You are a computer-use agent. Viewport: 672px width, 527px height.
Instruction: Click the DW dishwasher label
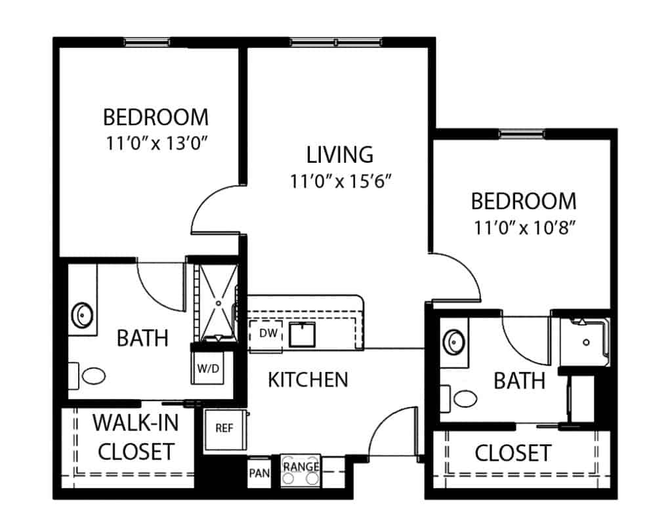tap(268, 333)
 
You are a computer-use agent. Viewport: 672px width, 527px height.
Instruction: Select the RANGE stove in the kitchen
tap(301, 471)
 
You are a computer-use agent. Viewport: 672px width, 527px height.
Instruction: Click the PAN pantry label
tap(259, 473)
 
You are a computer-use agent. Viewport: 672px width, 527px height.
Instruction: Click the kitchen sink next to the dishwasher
tap(302, 335)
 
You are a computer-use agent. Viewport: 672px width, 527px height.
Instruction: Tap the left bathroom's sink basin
tap(82, 316)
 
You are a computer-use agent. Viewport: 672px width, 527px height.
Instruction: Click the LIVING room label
tap(340, 155)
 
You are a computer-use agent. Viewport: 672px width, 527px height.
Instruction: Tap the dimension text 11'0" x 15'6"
tap(341, 181)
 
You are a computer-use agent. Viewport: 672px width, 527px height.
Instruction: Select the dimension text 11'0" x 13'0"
tap(156, 143)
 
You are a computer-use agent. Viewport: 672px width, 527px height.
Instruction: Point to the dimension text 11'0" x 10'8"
tap(524, 228)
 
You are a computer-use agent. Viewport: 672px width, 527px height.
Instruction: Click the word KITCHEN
tap(308, 380)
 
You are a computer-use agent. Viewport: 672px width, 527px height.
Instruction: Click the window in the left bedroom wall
tap(147, 43)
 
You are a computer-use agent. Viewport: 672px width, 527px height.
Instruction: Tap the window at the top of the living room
tap(336, 43)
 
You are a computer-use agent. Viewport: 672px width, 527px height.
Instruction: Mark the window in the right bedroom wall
tap(522, 134)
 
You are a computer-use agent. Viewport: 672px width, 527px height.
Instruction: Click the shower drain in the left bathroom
tap(219, 303)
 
